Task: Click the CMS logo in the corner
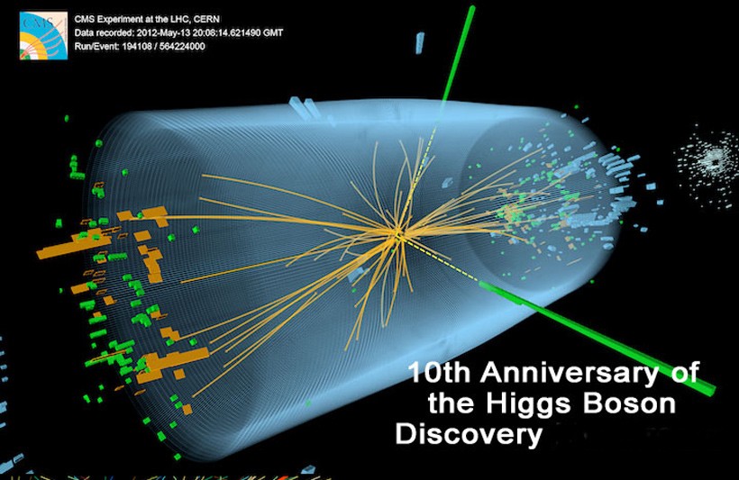(x=43, y=36)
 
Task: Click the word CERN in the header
(x=207, y=19)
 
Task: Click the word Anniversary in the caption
(x=570, y=373)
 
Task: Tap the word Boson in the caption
(x=629, y=403)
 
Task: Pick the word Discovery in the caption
(x=469, y=434)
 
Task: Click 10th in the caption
(x=440, y=372)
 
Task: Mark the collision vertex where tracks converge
(x=397, y=234)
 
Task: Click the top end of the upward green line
(x=471, y=7)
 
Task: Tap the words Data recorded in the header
(x=104, y=33)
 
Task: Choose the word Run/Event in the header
(x=96, y=46)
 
